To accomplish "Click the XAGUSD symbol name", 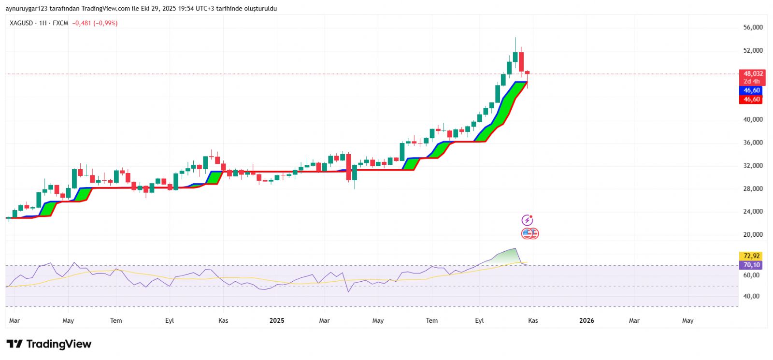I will click(21, 23).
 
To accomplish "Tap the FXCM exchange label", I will click(60, 23).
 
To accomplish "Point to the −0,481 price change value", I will click(82, 23).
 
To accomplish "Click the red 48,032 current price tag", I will click(753, 74).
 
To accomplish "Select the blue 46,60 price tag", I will click(751, 90).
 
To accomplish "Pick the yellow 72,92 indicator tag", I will click(751, 256).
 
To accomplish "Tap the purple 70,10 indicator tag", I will click(751, 265).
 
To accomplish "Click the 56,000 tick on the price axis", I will click(753, 28).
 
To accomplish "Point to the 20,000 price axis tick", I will click(753, 235).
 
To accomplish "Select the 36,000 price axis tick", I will click(753, 143).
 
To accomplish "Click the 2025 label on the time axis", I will click(277, 320).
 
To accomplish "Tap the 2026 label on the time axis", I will click(587, 320).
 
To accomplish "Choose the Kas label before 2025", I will click(223, 320).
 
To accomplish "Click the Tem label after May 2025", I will click(431, 320).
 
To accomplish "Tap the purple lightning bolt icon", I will click(527, 220).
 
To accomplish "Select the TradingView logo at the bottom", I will click(49, 344).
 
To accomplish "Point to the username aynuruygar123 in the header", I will click(27, 9).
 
